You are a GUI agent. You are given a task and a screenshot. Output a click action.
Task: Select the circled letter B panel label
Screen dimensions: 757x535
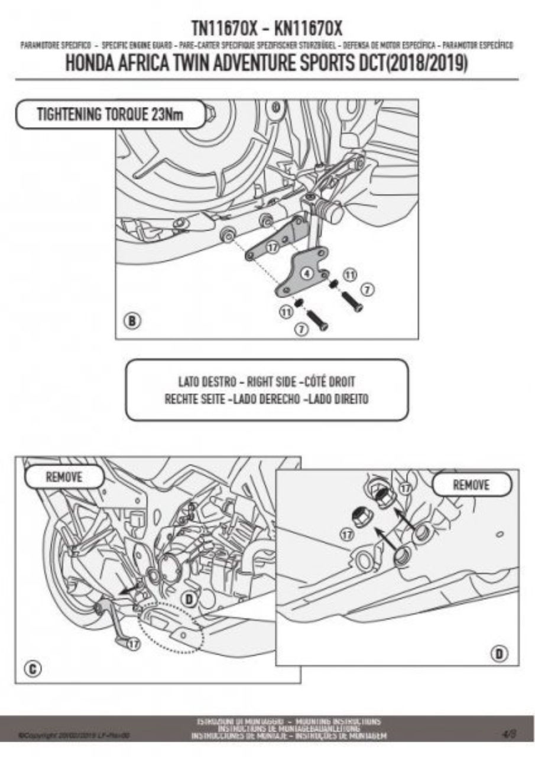click(x=132, y=321)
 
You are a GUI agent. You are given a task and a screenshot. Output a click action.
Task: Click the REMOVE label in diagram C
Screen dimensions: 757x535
click(x=64, y=477)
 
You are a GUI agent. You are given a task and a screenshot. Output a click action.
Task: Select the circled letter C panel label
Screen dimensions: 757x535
click(x=34, y=669)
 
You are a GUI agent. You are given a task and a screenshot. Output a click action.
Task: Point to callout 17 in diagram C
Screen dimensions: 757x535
click(x=134, y=643)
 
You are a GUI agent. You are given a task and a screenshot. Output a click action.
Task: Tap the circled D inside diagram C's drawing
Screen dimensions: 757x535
click(x=189, y=599)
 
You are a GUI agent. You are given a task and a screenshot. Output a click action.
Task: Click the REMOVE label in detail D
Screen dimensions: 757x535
click(x=471, y=485)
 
